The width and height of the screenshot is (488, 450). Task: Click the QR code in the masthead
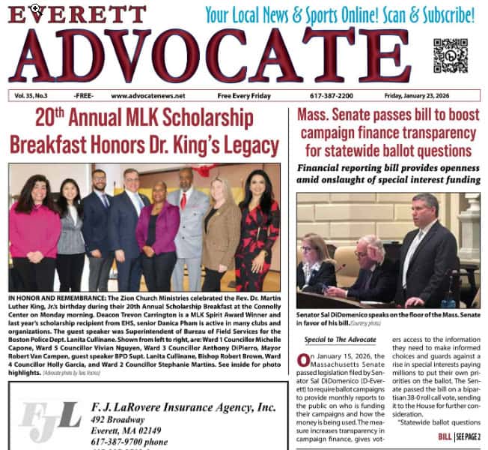(450, 55)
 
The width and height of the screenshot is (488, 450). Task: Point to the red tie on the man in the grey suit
(183, 201)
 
